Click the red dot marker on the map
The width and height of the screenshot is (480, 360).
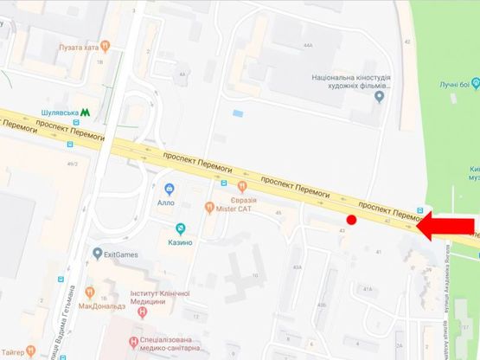(x=352, y=221)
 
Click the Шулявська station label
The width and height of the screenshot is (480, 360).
(x=61, y=112)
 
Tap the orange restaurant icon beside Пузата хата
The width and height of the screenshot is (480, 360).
(x=105, y=46)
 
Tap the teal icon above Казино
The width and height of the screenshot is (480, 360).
(x=180, y=228)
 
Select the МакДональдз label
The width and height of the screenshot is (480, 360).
(x=104, y=305)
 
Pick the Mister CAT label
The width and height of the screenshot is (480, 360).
(x=234, y=208)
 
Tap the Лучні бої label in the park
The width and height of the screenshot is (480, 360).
(x=453, y=84)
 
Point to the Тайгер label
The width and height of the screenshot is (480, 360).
(x=16, y=352)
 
